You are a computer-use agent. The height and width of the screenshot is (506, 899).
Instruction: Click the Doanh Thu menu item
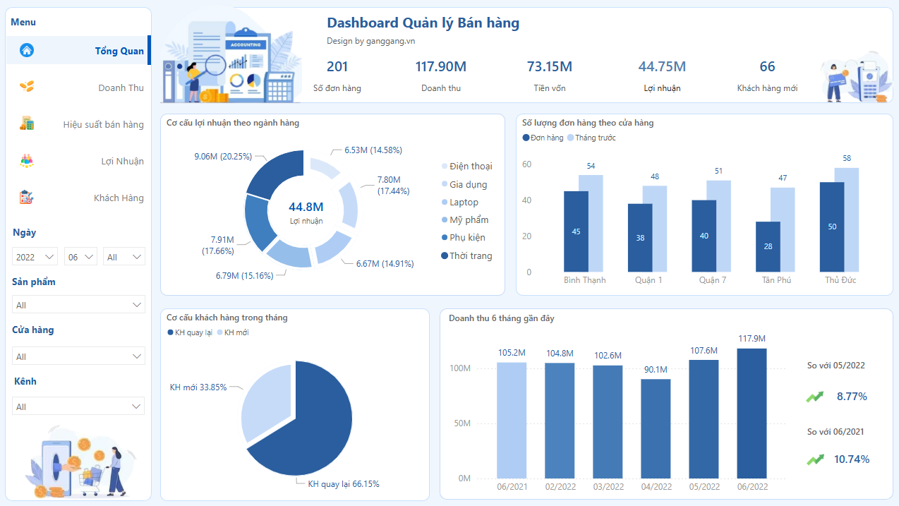coord(121,88)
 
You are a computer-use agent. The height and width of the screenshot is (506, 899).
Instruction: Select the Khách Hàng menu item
coord(119,198)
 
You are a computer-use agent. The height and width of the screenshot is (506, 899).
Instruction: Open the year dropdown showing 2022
coord(35,257)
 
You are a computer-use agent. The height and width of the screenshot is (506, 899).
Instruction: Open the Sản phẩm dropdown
coord(78,305)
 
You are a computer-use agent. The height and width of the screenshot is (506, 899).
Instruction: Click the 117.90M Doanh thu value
coord(440,67)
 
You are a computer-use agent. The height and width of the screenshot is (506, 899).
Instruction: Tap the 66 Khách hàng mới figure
coord(767,67)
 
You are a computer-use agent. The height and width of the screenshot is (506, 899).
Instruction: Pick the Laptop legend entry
coord(464,203)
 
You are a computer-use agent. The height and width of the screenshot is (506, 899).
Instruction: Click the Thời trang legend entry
coord(470,255)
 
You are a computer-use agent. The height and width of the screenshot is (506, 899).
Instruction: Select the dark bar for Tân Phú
coord(768,246)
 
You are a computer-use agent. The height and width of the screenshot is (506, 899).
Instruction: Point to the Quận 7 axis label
coord(712,280)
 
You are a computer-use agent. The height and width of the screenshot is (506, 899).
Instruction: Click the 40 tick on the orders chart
coord(526,200)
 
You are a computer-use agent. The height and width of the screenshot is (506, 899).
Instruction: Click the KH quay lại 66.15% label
coord(344,484)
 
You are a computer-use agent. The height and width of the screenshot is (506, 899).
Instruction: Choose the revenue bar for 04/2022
coord(656,428)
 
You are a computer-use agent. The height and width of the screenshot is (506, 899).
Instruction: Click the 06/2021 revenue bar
coord(512,420)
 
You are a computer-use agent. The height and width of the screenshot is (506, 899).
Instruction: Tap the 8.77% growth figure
coord(851,397)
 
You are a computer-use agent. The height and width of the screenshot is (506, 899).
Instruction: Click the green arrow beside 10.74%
coord(815,459)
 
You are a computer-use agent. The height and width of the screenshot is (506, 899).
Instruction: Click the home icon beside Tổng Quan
coord(27,50)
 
